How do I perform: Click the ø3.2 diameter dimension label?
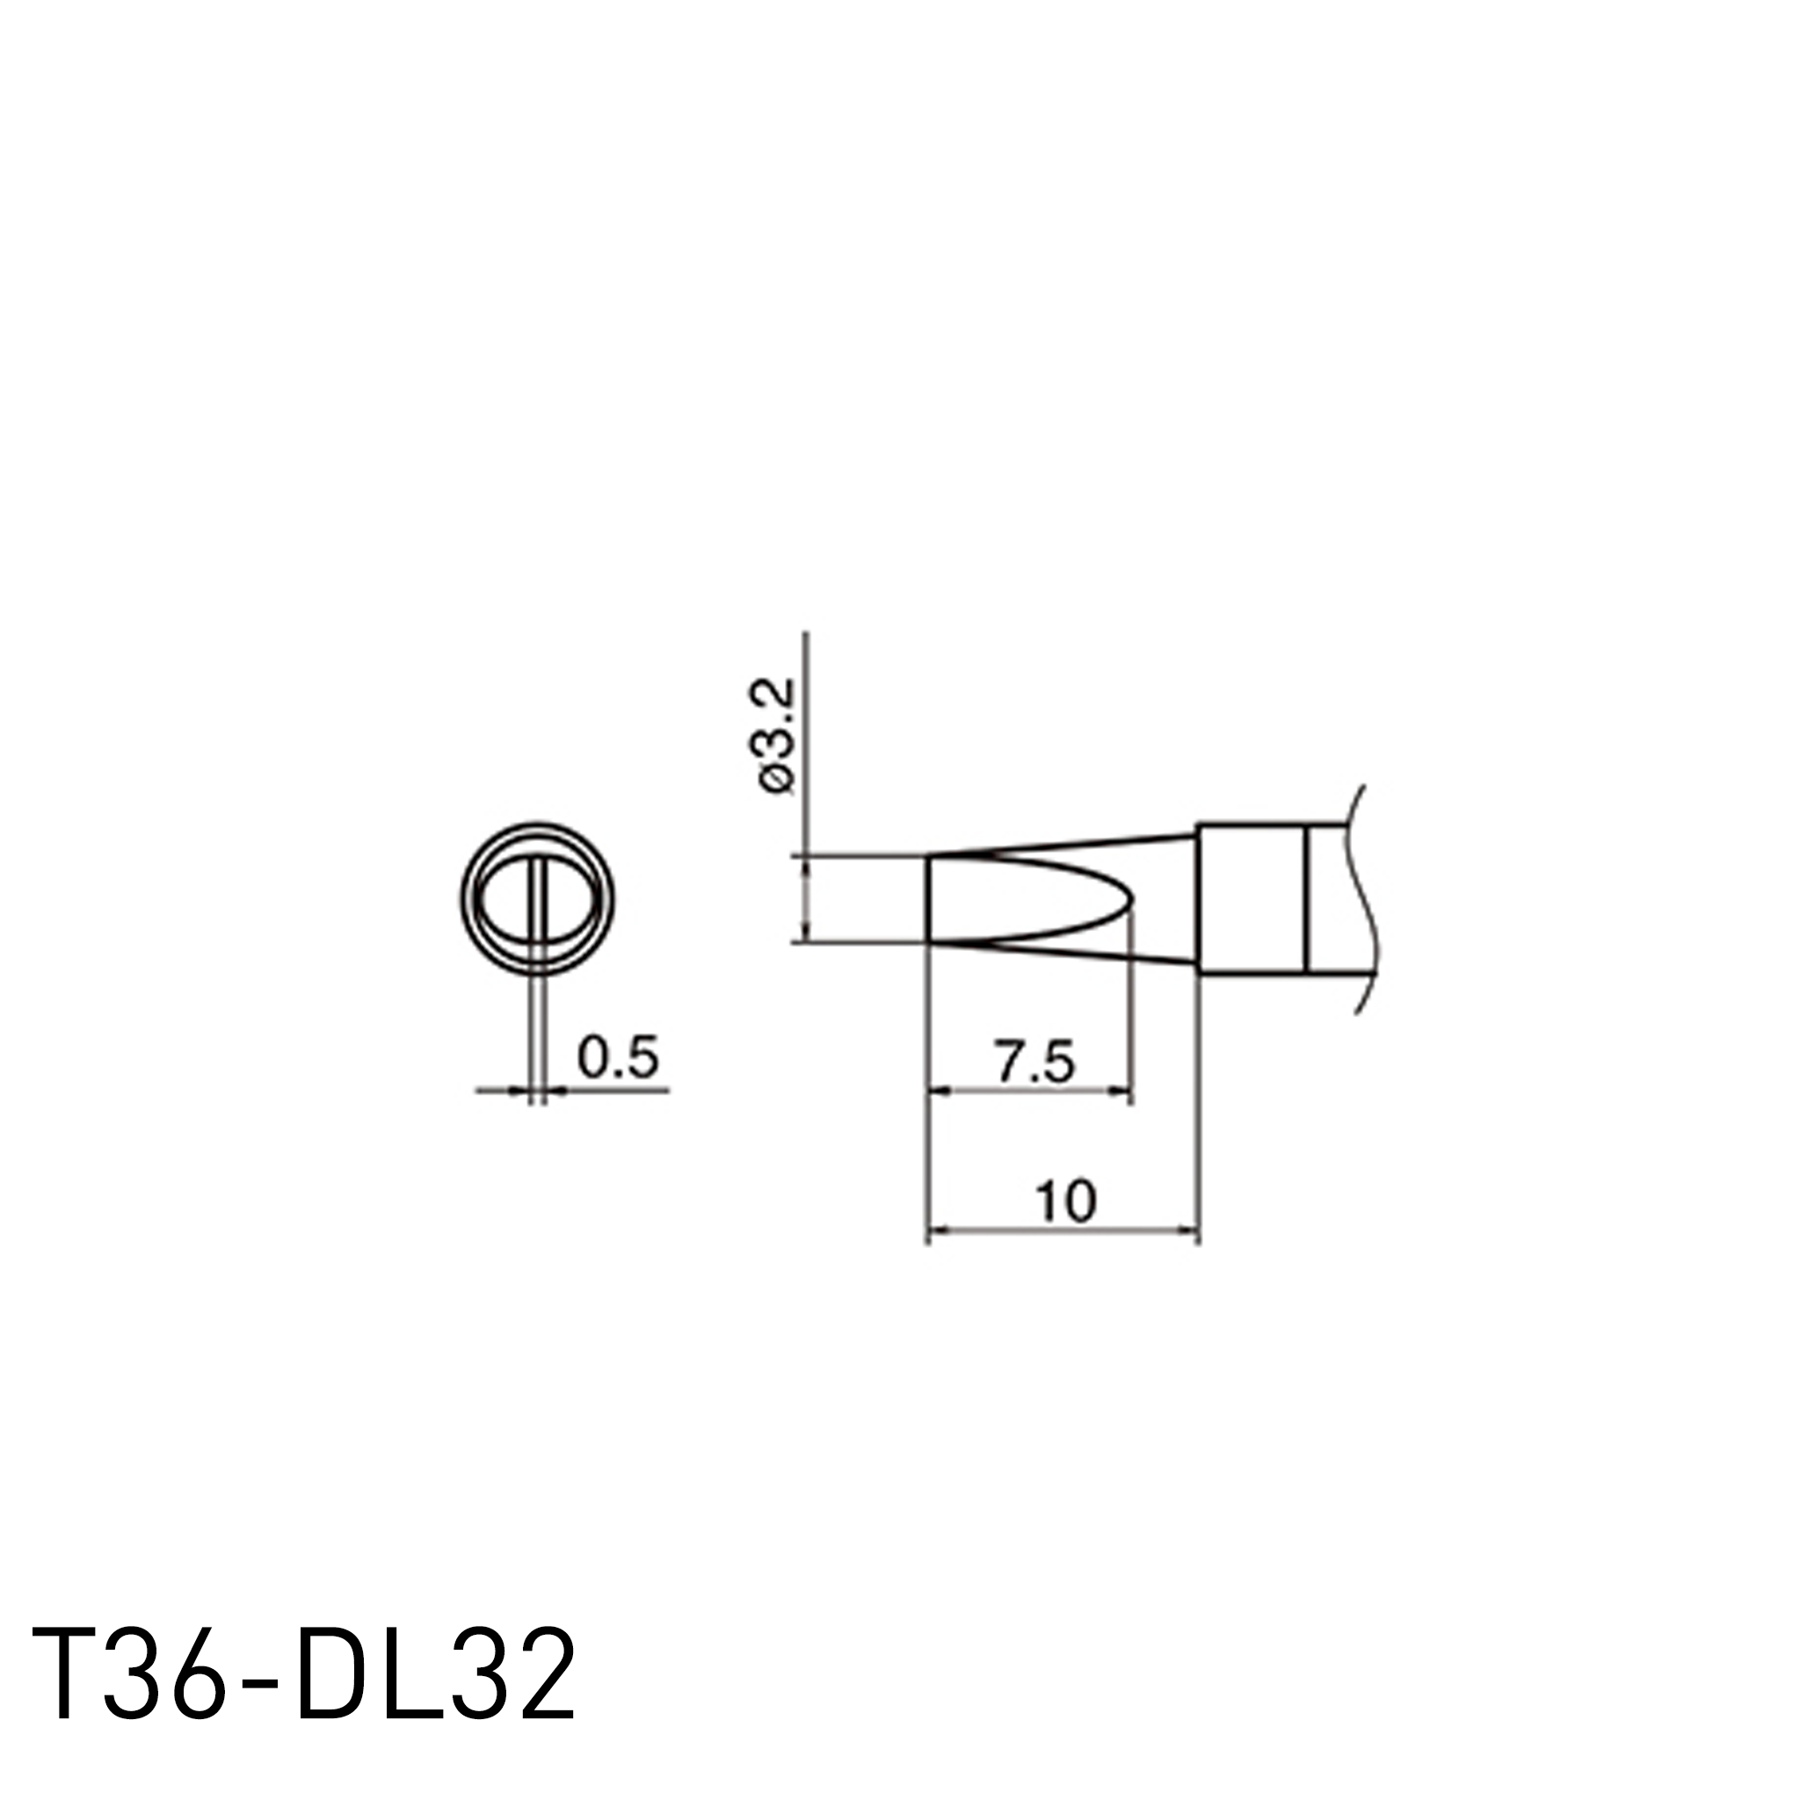776,736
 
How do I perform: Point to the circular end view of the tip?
538,899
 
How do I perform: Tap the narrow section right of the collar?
1329,899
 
